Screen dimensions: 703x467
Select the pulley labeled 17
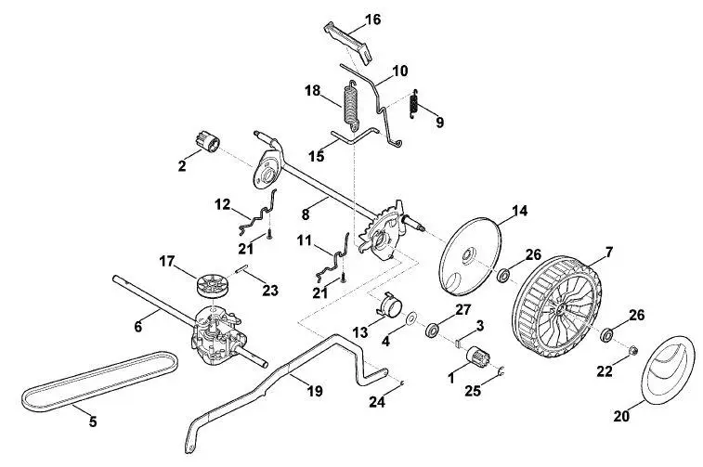pos(212,285)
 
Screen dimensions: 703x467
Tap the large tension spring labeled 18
pos(351,105)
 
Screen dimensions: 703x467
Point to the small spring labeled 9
pos(414,104)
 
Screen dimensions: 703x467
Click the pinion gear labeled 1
pos(478,357)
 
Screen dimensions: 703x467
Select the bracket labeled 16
pos(349,41)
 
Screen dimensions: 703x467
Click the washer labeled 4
pos(410,318)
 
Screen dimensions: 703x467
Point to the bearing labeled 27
pos(433,331)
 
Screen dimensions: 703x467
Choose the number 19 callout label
pos(315,391)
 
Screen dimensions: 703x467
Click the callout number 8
pos(306,214)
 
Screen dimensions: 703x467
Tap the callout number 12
pos(223,205)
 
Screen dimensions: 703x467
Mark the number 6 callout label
pos(138,326)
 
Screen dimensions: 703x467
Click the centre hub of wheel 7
pos(562,308)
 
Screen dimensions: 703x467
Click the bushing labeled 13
pos(389,305)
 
